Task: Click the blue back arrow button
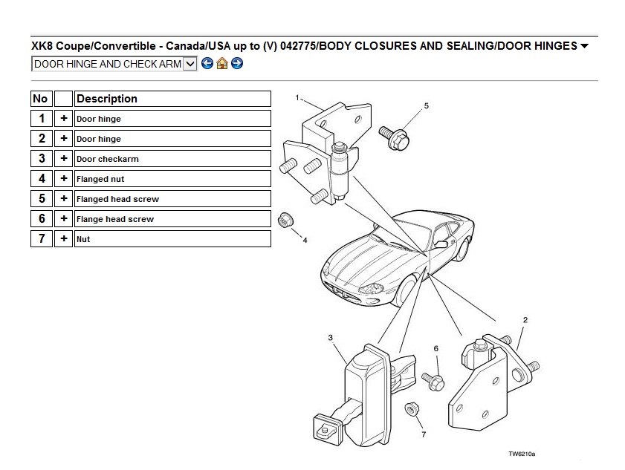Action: [207, 63]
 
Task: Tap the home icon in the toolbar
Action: [222, 63]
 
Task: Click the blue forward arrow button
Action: [237, 63]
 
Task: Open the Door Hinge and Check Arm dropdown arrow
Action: [190, 64]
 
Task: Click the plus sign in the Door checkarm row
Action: [63, 159]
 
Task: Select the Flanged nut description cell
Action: [172, 179]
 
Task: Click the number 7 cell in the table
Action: [42, 238]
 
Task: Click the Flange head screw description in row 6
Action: [114, 219]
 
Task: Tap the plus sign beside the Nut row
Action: [63, 238]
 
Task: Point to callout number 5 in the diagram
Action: [426, 106]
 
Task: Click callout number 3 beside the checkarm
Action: [330, 338]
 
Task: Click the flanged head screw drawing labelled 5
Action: [395, 138]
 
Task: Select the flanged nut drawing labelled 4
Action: [286, 221]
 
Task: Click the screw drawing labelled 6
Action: [433, 382]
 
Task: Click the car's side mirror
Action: [441, 244]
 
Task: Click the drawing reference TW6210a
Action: [522, 454]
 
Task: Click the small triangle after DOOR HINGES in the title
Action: [584, 46]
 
